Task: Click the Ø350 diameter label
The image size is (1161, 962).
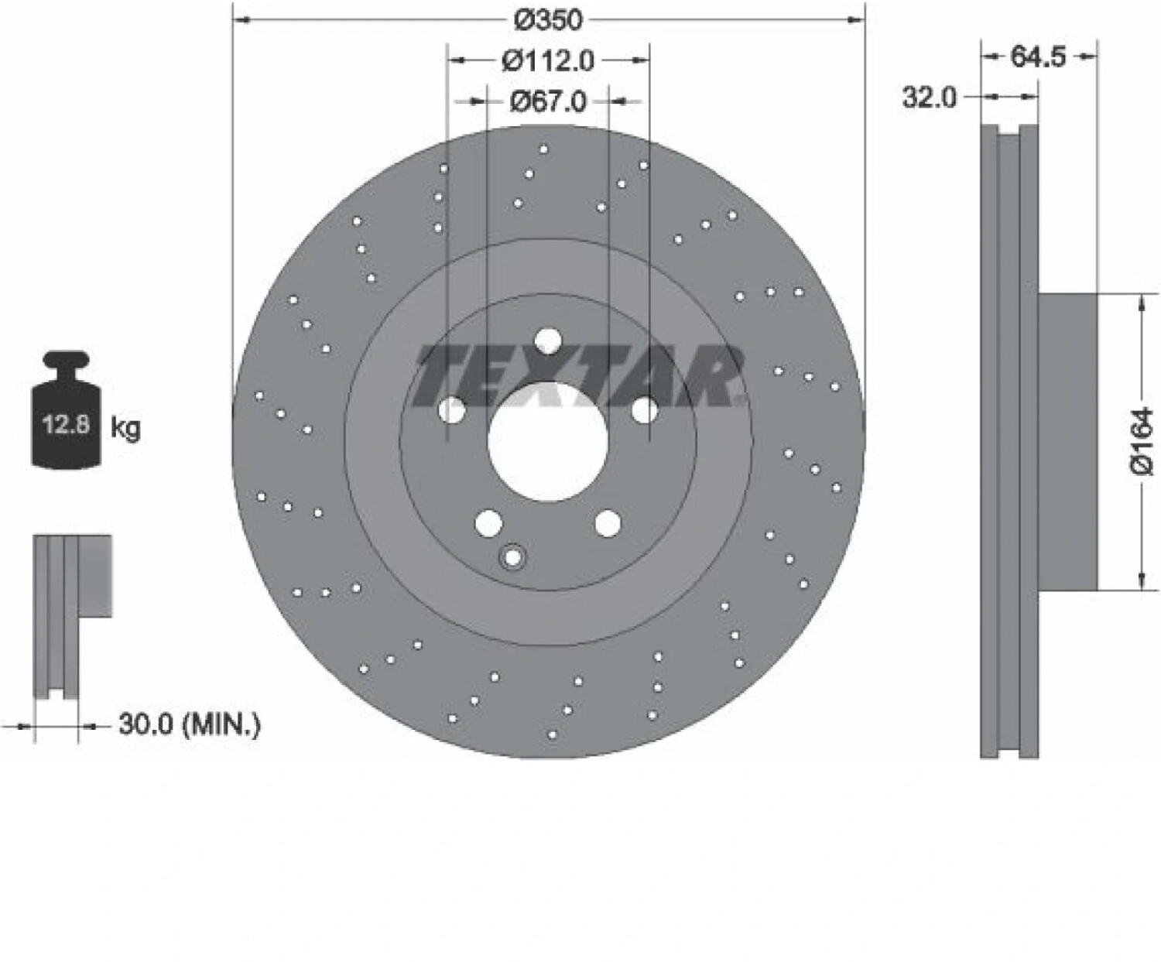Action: pyautogui.click(x=548, y=21)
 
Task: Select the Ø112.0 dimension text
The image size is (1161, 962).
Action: pyautogui.click(x=548, y=60)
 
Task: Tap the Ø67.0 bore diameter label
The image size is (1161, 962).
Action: pyautogui.click(x=548, y=101)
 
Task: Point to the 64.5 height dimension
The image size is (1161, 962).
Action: pyautogui.click(x=1038, y=56)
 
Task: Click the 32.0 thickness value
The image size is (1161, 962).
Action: pyautogui.click(x=929, y=98)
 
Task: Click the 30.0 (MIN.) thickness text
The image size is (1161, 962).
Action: pyautogui.click(x=189, y=725)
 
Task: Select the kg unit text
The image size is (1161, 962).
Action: pyautogui.click(x=126, y=429)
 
